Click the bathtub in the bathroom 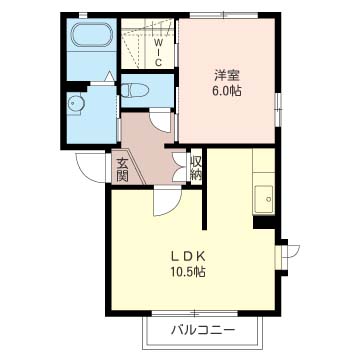pos(92,35)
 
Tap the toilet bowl pos(134,91)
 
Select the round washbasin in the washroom pos(74,104)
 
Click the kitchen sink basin pos(264,199)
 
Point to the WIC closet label pos(159,52)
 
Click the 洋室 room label pos(227,76)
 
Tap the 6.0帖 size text pos(227,91)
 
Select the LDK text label pos(187,256)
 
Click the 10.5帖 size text pos(188,272)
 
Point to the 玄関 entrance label pos(122,169)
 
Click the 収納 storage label pos(196,167)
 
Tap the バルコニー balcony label pos(203,330)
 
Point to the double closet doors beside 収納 pos(180,167)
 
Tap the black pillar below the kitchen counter pos(264,222)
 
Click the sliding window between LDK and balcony pos(195,313)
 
